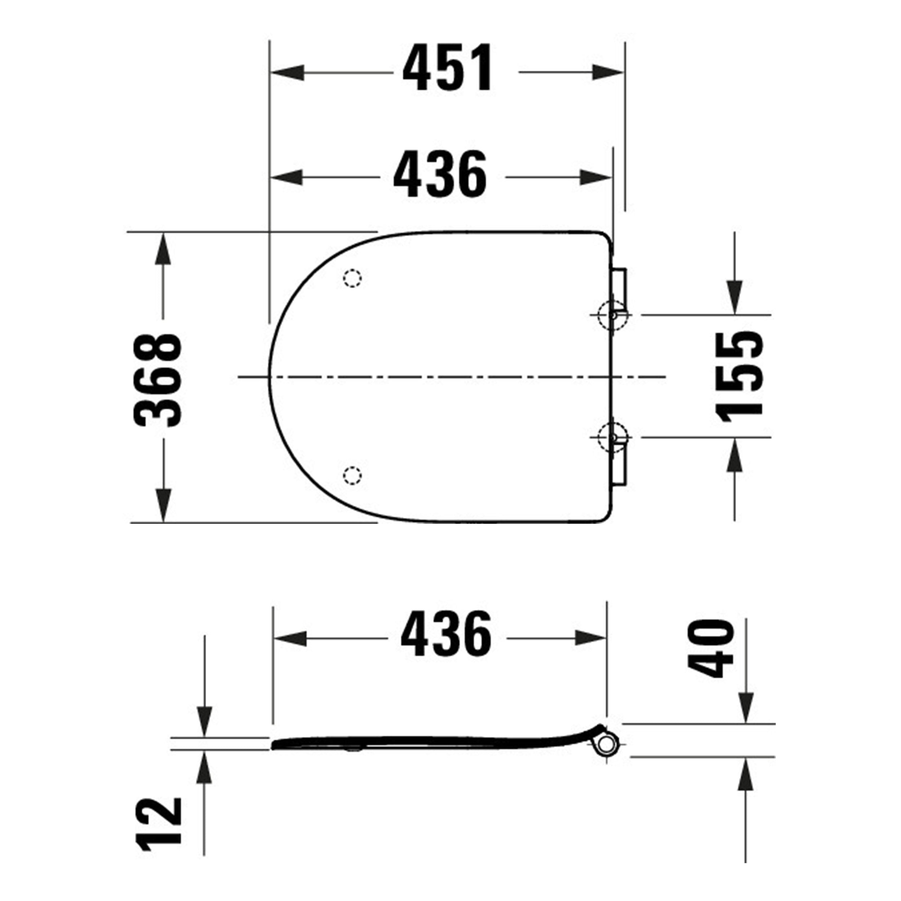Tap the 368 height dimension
(x=157, y=380)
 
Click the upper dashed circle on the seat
(x=352, y=279)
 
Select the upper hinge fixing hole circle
(x=612, y=315)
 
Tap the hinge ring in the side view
(x=606, y=744)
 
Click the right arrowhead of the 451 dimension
(x=607, y=73)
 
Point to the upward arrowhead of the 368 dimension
(x=163, y=249)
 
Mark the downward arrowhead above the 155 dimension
(x=734, y=297)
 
